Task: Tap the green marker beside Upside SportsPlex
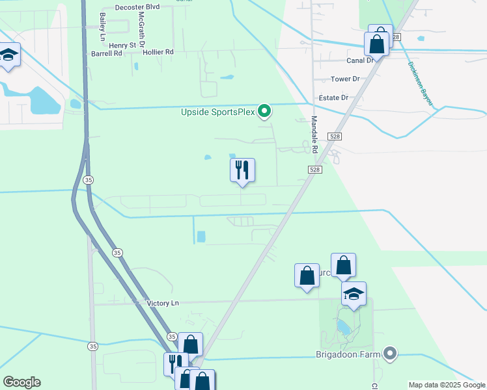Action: click(264, 112)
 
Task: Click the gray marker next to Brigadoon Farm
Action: click(390, 354)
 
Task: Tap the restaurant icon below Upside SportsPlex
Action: click(242, 170)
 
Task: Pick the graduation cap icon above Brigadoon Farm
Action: click(354, 294)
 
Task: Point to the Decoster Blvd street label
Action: click(137, 6)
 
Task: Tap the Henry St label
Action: click(122, 45)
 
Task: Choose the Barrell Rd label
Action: click(107, 53)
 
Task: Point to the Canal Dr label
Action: click(359, 60)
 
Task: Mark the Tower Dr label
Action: click(345, 79)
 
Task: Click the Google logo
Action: click(21, 382)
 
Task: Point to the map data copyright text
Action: click(446, 385)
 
